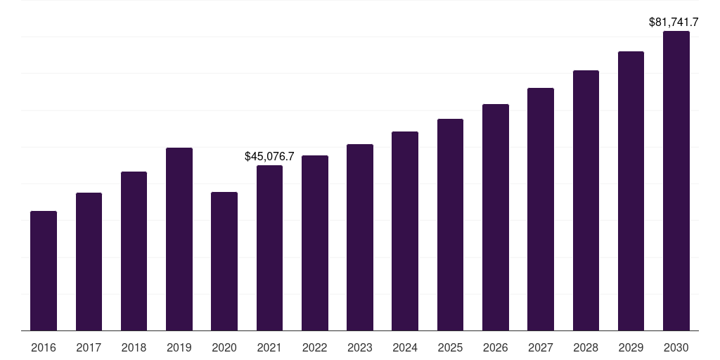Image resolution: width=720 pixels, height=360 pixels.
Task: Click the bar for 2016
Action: point(44,271)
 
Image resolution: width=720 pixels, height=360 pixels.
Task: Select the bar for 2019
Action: point(179,239)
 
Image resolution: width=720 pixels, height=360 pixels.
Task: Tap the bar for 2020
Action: point(224,262)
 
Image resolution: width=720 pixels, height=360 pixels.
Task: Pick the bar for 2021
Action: point(269,248)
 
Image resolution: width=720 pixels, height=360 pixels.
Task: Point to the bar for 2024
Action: point(405,231)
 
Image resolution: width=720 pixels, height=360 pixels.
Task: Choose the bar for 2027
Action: point(541,210)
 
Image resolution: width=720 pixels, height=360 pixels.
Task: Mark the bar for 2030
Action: point(676,181)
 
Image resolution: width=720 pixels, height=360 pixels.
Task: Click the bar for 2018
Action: point(134,251)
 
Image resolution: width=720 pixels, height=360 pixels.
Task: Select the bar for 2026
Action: point(496,217)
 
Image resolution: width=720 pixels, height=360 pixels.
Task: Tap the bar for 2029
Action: point(631,191)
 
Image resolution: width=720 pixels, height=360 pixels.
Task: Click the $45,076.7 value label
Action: point(269,157)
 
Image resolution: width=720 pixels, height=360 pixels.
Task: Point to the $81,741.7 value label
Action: point(674,22)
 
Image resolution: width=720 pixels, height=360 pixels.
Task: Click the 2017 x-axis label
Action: point(89,347)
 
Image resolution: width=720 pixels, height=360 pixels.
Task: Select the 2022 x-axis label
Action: point(314,347)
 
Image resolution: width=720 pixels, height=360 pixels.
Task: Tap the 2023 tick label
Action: point(359,347)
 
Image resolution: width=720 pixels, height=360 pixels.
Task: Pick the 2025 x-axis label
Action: point(450,347)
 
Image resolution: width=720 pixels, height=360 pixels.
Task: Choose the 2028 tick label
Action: point(586,347)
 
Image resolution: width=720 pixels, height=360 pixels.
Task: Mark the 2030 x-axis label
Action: point(676,347)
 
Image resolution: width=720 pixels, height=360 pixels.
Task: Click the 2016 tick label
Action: point(44,347)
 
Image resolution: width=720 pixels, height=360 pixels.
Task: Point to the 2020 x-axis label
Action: point(224,347)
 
